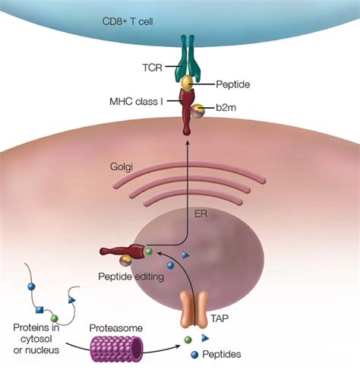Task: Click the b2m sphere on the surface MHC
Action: coord(198,111)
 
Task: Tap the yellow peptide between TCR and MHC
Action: coord(185,81)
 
